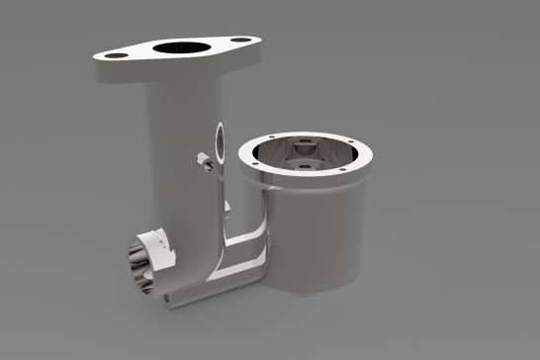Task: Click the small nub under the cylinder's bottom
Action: coord(309,294)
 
